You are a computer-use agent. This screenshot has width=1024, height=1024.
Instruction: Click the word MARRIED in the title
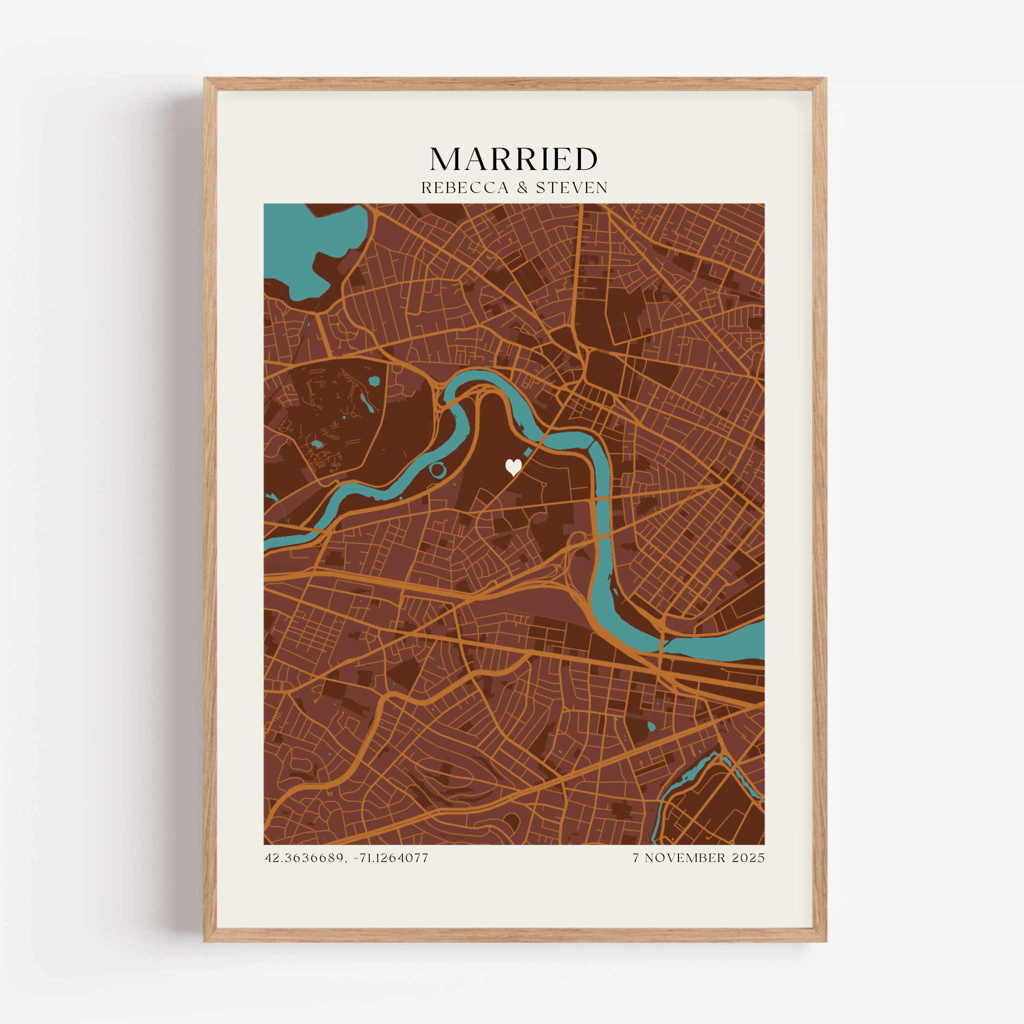tap(513, 159)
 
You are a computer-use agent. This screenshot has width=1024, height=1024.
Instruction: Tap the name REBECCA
tap(465, 187)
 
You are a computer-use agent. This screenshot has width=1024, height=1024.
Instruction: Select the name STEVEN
tap(571, 187)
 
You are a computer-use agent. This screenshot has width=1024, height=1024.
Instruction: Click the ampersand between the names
tap(522, 187)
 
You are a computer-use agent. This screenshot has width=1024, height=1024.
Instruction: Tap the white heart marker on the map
tap(513, 466)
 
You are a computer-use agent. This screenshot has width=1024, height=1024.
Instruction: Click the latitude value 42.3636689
tap(304, 857)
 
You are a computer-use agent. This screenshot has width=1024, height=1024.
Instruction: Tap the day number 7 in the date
tap(636, 857)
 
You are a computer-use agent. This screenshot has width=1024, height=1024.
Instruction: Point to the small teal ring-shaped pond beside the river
tap(438, 469)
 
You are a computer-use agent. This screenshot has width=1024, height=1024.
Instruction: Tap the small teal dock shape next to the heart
tap(528, 452)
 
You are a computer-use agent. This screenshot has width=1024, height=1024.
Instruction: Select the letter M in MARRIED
tap(444, 159)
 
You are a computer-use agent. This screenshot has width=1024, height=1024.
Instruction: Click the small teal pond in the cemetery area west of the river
tap(373, 380)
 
